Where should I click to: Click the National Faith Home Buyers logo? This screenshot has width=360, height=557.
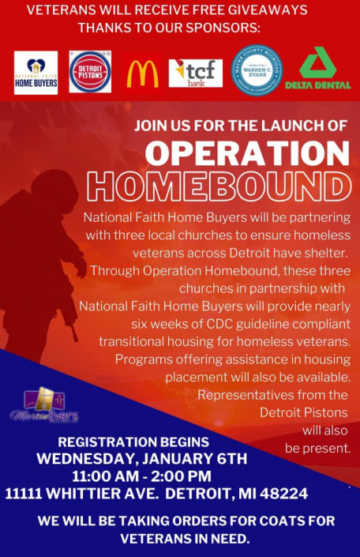coord(36,73)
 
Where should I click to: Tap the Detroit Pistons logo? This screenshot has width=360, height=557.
coord(90,72)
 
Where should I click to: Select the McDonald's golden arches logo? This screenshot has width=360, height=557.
coord(143,73)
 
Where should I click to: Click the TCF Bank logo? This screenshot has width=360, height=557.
coord(195,73)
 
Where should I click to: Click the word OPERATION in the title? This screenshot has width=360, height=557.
coord(246,152)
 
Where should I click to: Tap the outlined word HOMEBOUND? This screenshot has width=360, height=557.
coord(219,186)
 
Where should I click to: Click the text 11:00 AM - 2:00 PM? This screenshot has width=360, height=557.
coord(141,476)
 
